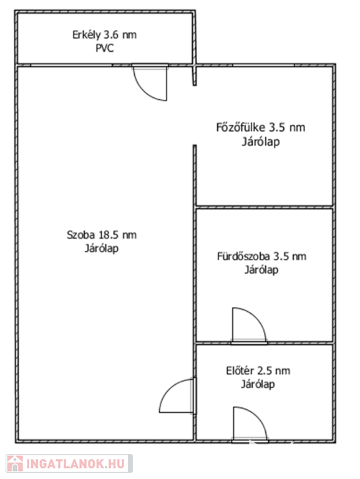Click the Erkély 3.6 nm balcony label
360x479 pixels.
pos(104,35)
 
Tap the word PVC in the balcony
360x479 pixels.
pos(105,48)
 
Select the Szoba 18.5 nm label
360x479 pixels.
pos(102,235)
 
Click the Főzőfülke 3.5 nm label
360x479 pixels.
pos(261,127)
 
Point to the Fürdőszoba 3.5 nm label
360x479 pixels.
pos(261,256)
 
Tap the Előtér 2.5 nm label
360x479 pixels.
pos(258,371)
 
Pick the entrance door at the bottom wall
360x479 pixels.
pos(250,425)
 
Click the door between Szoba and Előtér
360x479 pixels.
pos(177,396)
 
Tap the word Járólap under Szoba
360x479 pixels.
pos(102,248)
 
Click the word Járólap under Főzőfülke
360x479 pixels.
pos(261,142)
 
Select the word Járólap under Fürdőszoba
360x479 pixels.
pos(261,269)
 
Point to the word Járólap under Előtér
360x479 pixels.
pos(258,384)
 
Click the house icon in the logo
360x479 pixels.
pos(15,463)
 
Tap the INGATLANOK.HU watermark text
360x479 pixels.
pos(75,463)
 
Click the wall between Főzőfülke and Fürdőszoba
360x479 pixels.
pos(264,207)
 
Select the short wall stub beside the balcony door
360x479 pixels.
pos(195,75)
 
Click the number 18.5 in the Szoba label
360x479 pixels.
pos(108,235)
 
